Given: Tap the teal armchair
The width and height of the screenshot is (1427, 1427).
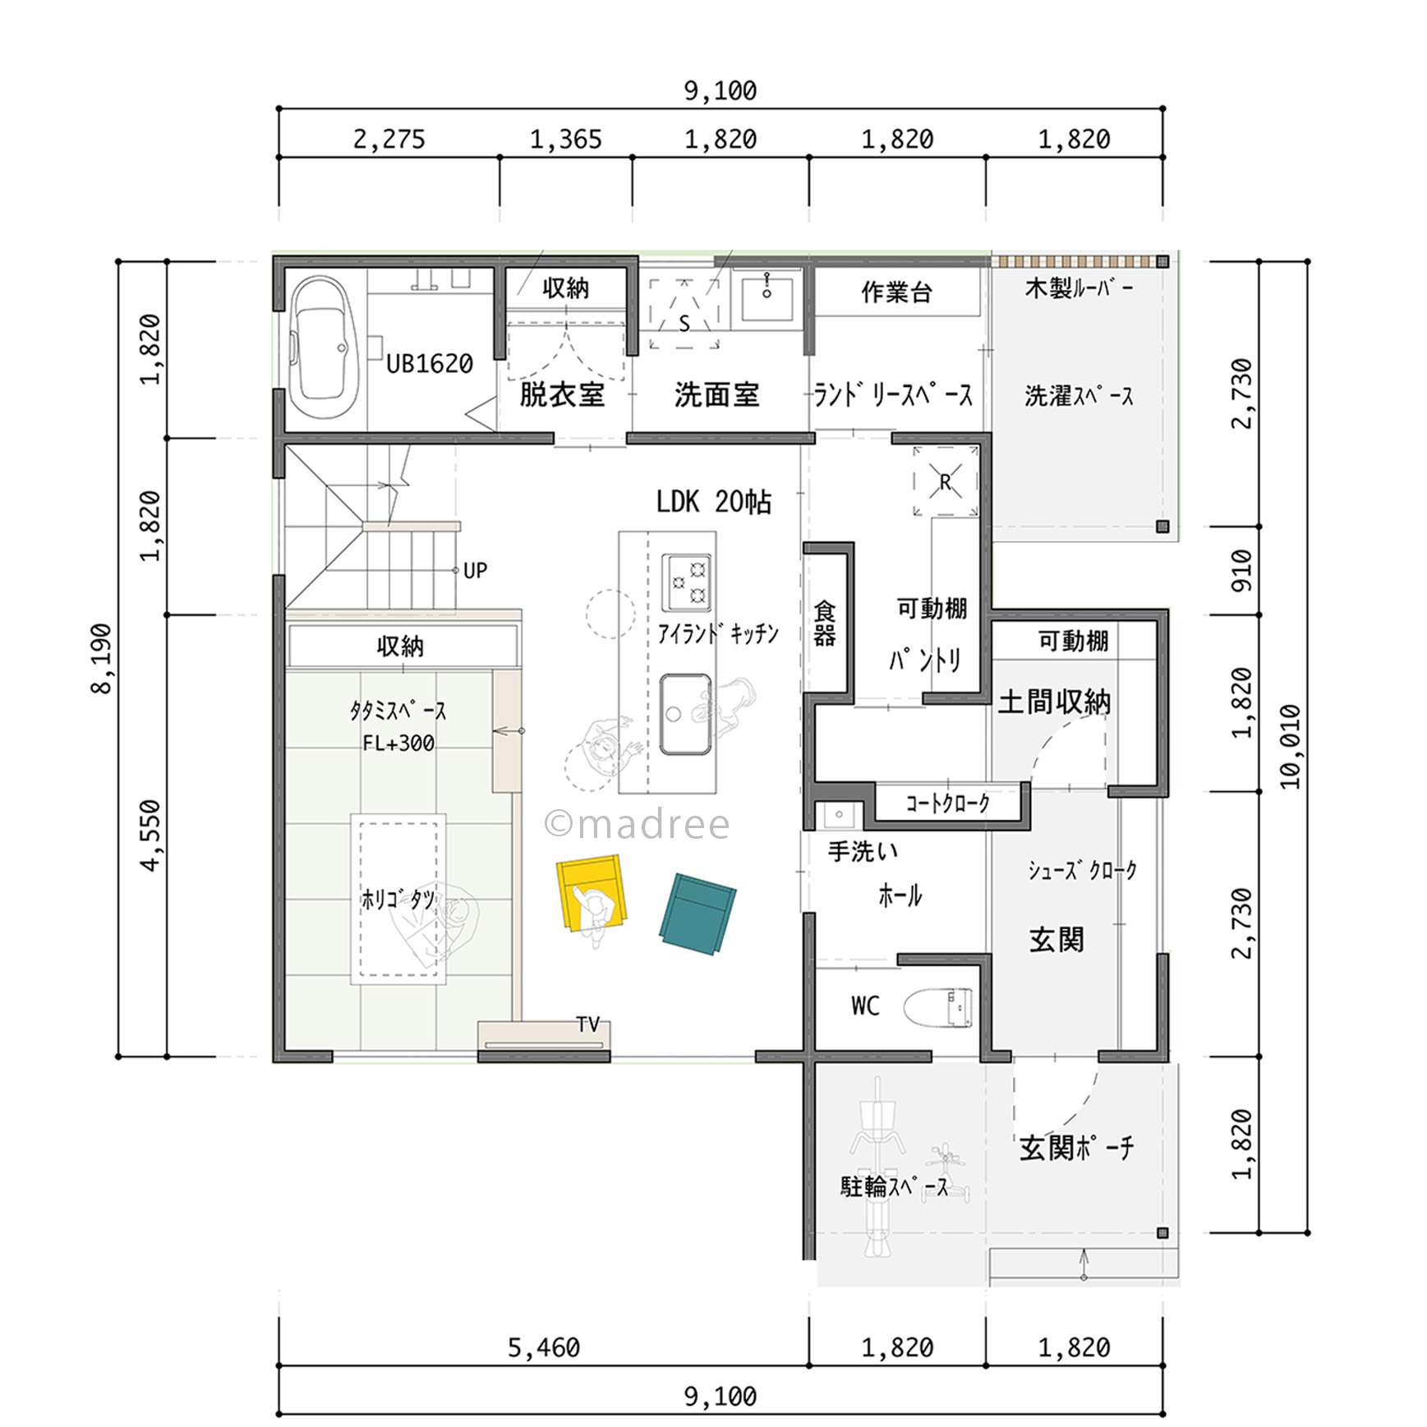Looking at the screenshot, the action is pyautogui.click(x=697, y=914).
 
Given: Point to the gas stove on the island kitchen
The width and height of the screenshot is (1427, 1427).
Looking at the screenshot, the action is pyautogui.click(x=687, y=582).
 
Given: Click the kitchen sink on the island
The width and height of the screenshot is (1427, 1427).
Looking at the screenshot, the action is pyautogui.click(x=685, y=715).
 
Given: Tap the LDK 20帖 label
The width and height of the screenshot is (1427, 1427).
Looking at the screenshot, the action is pyautogui.click(x=714, y=501).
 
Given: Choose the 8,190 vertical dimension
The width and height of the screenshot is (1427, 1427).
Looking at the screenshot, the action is pyautogui.click(x=101, y=659).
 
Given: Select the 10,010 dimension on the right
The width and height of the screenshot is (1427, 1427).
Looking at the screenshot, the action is pyautogui.click(x=1290, y=747).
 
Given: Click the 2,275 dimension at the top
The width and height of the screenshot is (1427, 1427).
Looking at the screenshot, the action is pyautogui.click(x=389, y=139).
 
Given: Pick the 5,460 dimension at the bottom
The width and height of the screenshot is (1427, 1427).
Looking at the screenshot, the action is pyautogui.click(x=544, y=1347).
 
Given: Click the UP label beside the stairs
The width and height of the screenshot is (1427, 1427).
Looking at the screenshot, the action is pyautogui.click(x=476, y=570).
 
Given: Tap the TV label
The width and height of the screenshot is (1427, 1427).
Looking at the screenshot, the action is pyautogui.click(x=588, y=1024).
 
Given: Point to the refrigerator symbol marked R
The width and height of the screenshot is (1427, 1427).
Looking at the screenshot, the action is pyautogui.click(x=946, y=481).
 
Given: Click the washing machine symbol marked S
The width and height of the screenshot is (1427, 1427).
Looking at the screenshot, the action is pyautogui.click(x=684, y=314).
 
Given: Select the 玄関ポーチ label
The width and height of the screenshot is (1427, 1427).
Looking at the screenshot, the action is pyautogui.click(x=1076, y=1147).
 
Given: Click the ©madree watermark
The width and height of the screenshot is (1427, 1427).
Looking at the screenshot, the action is pyautogui.click(x=637, y=824).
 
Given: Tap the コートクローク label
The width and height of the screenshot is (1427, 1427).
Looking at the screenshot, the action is pyautogui.click(x=947, y=803).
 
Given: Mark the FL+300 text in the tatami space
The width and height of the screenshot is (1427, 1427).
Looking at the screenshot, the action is pyautogui.click(x=398, y=743).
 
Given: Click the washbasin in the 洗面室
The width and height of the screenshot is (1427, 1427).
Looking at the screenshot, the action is pyautogui.click(x=767, y=299).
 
